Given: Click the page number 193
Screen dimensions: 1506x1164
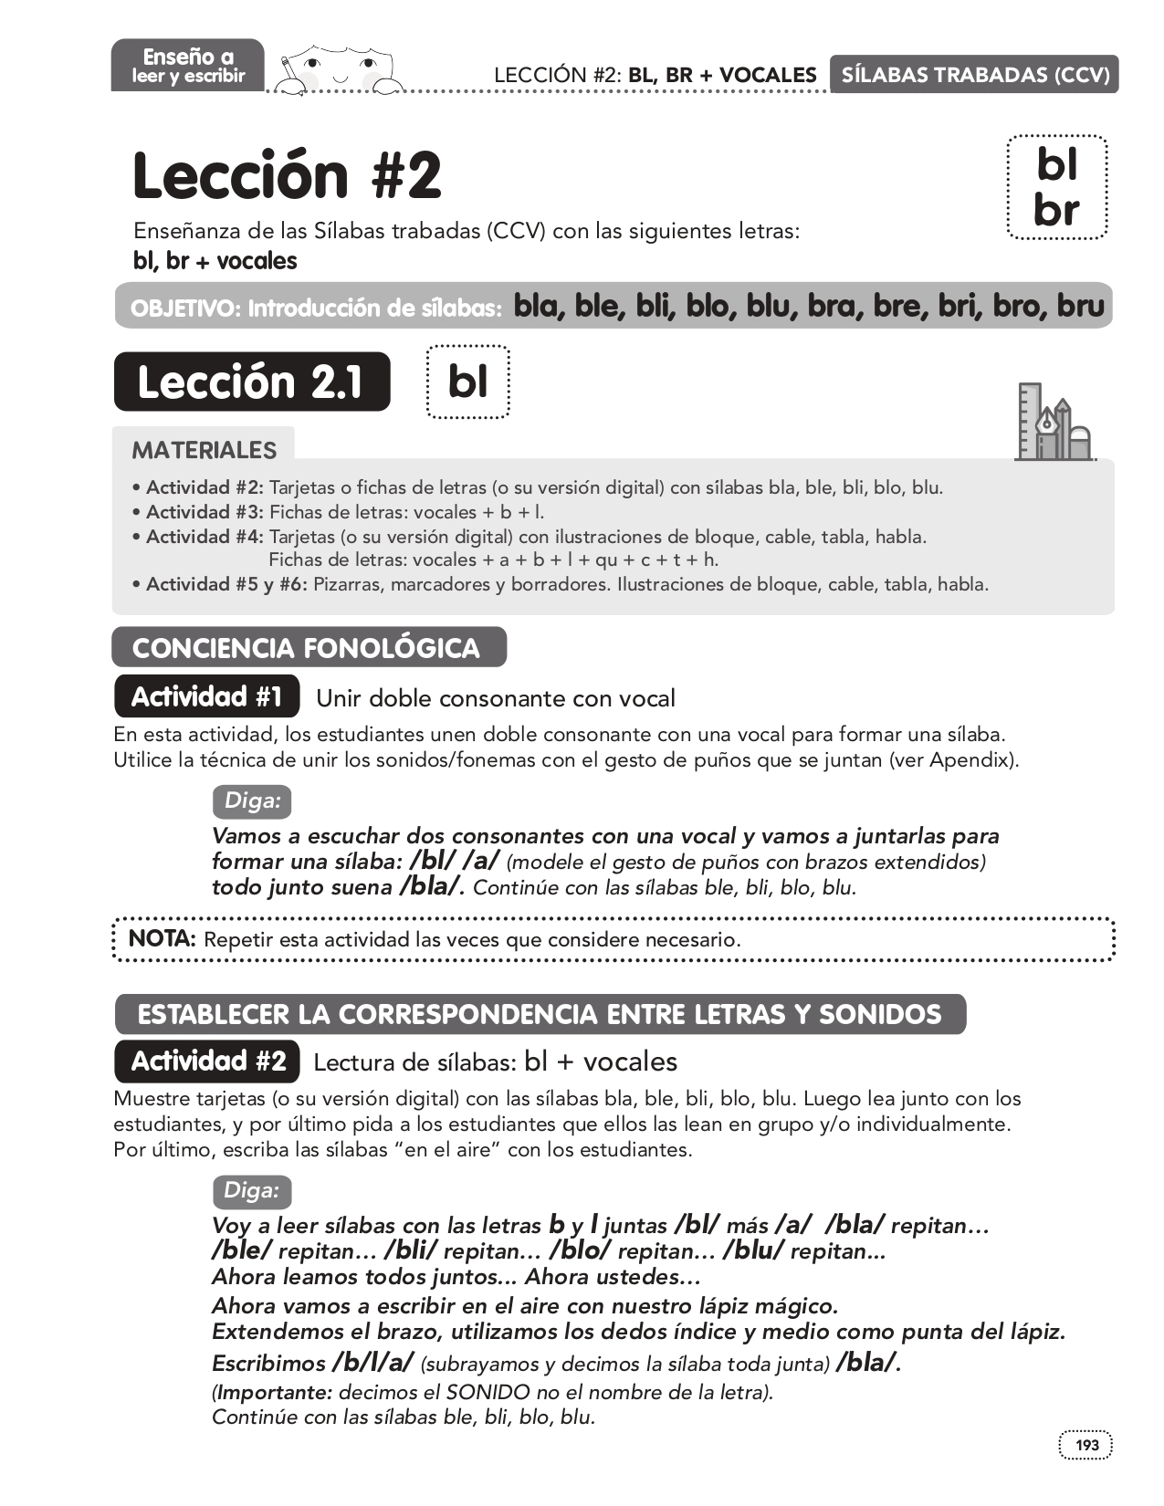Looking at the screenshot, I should point(1086,1445).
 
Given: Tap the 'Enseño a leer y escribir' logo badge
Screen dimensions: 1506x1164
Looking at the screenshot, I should point(188,66).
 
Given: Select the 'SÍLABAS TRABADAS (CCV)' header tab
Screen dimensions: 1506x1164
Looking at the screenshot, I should point(974,75).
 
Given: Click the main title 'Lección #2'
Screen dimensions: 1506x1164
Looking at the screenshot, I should point(287,175).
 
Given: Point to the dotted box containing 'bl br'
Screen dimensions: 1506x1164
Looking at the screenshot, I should point(1056,188).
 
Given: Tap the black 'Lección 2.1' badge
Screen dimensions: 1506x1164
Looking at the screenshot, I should point(251,382).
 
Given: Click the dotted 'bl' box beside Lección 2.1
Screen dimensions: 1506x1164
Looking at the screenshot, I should point(467,382).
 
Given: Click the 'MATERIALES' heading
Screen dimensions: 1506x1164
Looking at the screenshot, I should point(204,450).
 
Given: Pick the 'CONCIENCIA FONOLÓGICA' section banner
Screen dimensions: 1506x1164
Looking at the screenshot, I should point(307,648).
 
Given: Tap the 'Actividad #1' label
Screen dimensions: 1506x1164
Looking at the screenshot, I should point(207,697).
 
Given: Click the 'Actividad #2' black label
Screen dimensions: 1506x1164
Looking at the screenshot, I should point(207,1061).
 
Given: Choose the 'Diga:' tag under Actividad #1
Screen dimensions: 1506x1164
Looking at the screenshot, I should point(251,801).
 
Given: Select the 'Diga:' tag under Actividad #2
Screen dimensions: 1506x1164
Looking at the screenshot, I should point(251,1191).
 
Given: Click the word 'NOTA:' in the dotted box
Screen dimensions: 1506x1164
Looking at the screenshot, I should point(162,938).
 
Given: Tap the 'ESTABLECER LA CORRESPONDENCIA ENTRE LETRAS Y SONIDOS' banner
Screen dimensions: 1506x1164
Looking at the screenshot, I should point(539,1015).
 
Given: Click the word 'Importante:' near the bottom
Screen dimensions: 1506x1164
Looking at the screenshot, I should point(274,1393).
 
